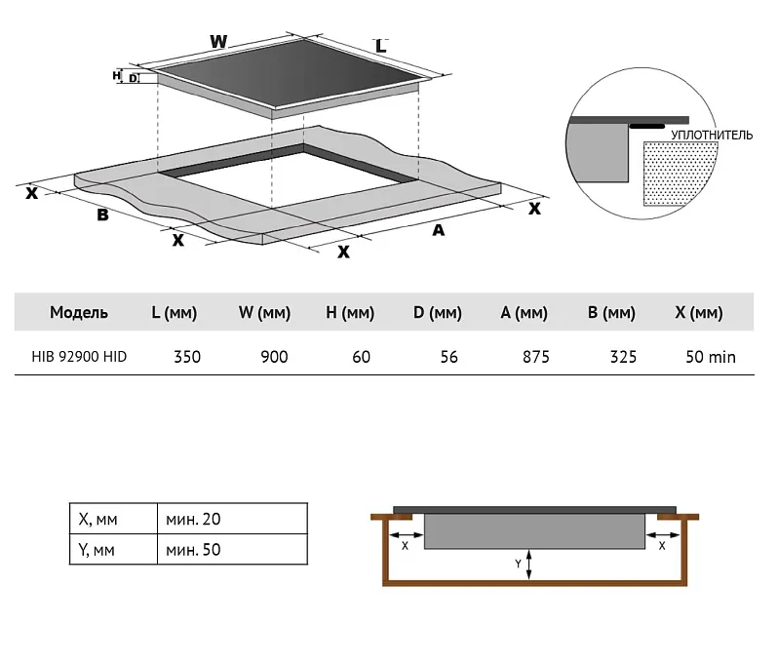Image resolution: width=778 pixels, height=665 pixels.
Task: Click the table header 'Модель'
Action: (x=79, y=313)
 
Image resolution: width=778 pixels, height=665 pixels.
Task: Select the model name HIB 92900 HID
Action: (x=73, y=357)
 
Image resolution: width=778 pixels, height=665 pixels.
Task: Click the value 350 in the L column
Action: (x=186, y=357)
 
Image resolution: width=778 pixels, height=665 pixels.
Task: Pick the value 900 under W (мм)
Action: (x=274, y=357)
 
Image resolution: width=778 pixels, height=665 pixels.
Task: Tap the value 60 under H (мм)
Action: (x=361, y=357)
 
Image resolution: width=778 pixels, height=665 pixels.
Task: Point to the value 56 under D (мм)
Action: (x=448, y=357)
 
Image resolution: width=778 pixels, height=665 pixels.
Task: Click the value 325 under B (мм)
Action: (x=623, y=357)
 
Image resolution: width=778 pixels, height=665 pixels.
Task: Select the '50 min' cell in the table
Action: (x=710, y=357)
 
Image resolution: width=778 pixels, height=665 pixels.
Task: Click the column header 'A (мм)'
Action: (x=525, y=313)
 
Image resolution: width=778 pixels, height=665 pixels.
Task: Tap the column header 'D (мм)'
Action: (x=437, y=313)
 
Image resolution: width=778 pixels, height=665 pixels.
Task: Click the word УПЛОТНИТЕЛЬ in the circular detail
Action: (x=711, y=135)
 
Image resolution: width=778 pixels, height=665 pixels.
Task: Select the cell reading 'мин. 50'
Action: (x=193, y=550)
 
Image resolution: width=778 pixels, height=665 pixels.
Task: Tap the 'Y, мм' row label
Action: (x=97, y=550)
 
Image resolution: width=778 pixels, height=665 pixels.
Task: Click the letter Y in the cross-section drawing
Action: (x=519, y=564)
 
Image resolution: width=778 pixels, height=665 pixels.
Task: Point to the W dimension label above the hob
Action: (x=218, y=42)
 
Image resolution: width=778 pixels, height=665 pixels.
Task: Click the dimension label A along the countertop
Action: (x=438, y=230)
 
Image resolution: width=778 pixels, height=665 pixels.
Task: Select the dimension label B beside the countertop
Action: (x=102, y=215)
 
